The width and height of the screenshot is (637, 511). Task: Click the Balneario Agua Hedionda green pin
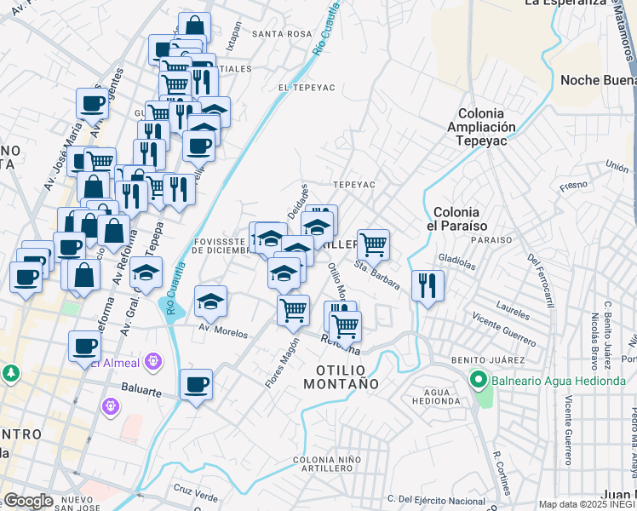click(478, 381)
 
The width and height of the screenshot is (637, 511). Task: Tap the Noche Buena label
click(598, 80)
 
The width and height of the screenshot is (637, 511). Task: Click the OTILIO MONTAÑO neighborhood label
click(347, 377)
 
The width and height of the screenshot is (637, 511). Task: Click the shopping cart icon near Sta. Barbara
click(373, 244)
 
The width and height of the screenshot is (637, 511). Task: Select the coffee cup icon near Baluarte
click(197, 384)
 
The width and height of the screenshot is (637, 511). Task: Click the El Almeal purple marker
click(153, 361)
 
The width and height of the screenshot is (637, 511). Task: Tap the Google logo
click(28, 501)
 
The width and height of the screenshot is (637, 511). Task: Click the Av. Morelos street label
click(223, 330)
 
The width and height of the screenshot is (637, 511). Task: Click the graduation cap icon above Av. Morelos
click(210, 300)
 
